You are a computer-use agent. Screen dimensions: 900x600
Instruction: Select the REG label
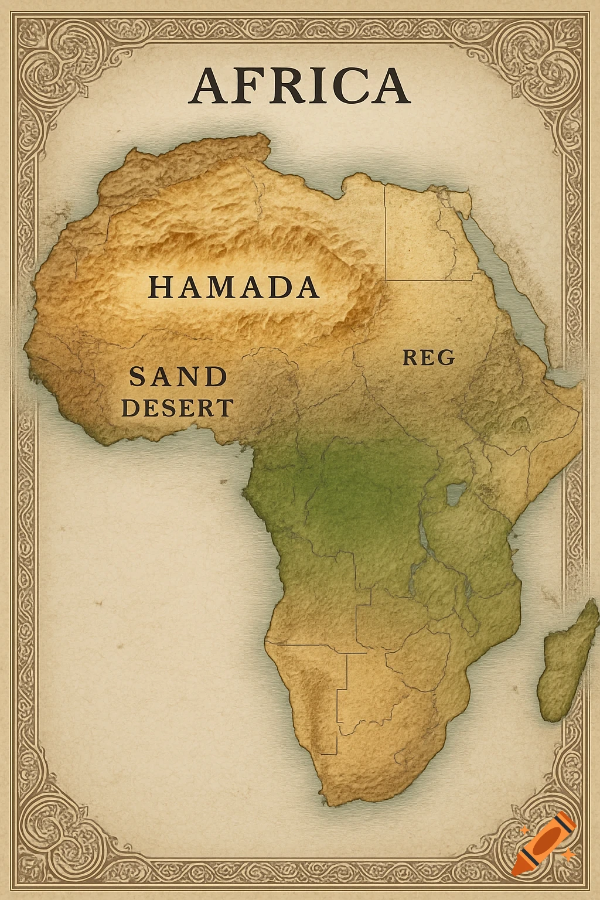428,357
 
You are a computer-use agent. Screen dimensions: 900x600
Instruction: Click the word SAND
178,376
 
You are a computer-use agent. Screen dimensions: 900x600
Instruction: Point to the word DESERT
178,407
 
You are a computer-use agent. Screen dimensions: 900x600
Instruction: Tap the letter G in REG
445,357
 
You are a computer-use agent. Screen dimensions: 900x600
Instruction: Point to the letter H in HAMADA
159,287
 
